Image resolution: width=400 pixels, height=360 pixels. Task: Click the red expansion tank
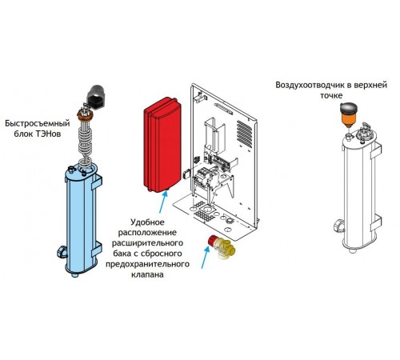point(162,145)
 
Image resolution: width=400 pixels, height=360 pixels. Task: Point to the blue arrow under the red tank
point(163,202)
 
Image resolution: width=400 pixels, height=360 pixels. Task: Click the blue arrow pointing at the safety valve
point(205,257)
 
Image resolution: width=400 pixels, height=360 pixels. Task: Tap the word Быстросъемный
point(38,123)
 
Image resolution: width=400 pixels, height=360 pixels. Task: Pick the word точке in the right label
point(331,95)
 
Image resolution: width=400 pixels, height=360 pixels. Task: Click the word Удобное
point(147,222)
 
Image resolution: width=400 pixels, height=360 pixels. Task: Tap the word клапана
point(147,274)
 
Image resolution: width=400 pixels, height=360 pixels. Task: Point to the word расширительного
point(147,243)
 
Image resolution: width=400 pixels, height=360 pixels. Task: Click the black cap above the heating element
point(96,97)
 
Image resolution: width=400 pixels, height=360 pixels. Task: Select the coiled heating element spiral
point(85,139)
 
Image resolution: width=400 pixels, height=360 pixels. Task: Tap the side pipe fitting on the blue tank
point(62,252)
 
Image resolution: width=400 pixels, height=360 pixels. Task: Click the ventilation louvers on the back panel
point(244,134)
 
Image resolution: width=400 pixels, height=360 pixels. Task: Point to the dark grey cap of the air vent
point(349,107)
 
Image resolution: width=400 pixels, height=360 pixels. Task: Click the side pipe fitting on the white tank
point(339,226)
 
